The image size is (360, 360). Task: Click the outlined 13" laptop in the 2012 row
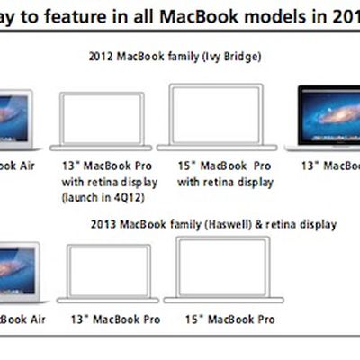(x=101, y=121)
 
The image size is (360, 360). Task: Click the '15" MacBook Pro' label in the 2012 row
(x=224, y=166)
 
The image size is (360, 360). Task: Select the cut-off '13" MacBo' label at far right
(x=329, y=166)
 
